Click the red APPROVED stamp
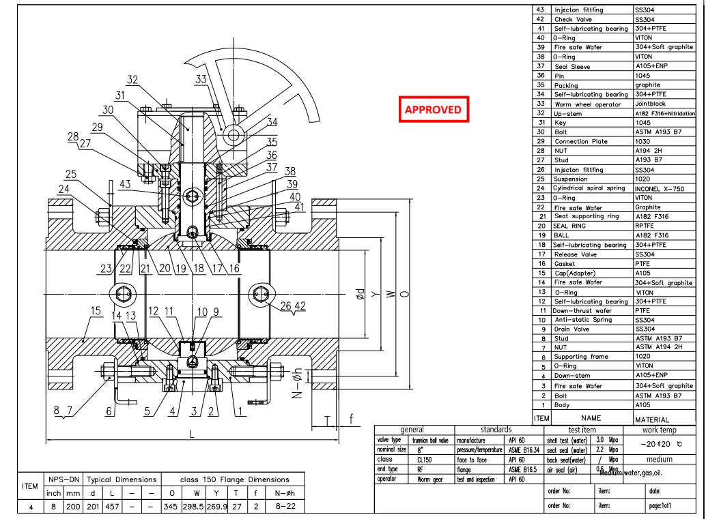(433, 109)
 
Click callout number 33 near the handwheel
(200, 80)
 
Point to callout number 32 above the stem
(132, 80)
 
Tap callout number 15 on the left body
(96, 311)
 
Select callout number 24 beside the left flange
(63, 189)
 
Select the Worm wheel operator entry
(587, 104)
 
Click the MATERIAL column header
(652, 419)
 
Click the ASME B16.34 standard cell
(523, 450)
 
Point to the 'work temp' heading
(659, 430)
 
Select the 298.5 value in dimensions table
(194, 506)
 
